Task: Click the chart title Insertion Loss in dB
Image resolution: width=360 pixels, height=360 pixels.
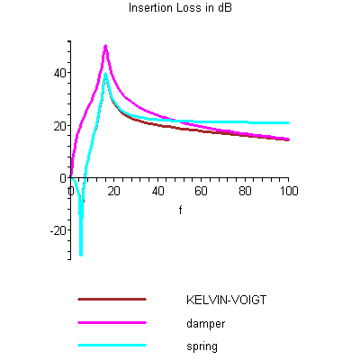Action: pos(179,8)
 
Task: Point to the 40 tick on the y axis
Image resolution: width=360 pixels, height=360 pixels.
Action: pos(59,73)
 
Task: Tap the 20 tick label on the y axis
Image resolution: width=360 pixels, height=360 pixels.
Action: pos(59,125)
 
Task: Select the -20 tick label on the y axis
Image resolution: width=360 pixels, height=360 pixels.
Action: pos(58,230)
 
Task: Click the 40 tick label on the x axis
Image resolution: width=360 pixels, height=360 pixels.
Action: pos(158,192)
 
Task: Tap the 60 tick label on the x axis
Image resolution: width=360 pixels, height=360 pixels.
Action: pos(202,192)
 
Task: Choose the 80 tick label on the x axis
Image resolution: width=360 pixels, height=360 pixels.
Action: pos(246,192)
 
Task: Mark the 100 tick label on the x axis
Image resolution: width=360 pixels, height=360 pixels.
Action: pos(288,192)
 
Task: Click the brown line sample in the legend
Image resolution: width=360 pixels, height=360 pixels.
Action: pos(112,298)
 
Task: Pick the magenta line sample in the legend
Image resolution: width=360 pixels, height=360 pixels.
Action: pos(112,321)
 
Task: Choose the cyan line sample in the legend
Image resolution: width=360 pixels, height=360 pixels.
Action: pos(112,345)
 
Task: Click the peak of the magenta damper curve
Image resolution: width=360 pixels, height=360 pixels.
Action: pos(105,46)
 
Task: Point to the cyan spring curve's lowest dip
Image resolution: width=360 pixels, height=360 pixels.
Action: pos(80,255)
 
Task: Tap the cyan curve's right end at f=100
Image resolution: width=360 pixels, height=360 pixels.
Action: pos(288,122)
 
